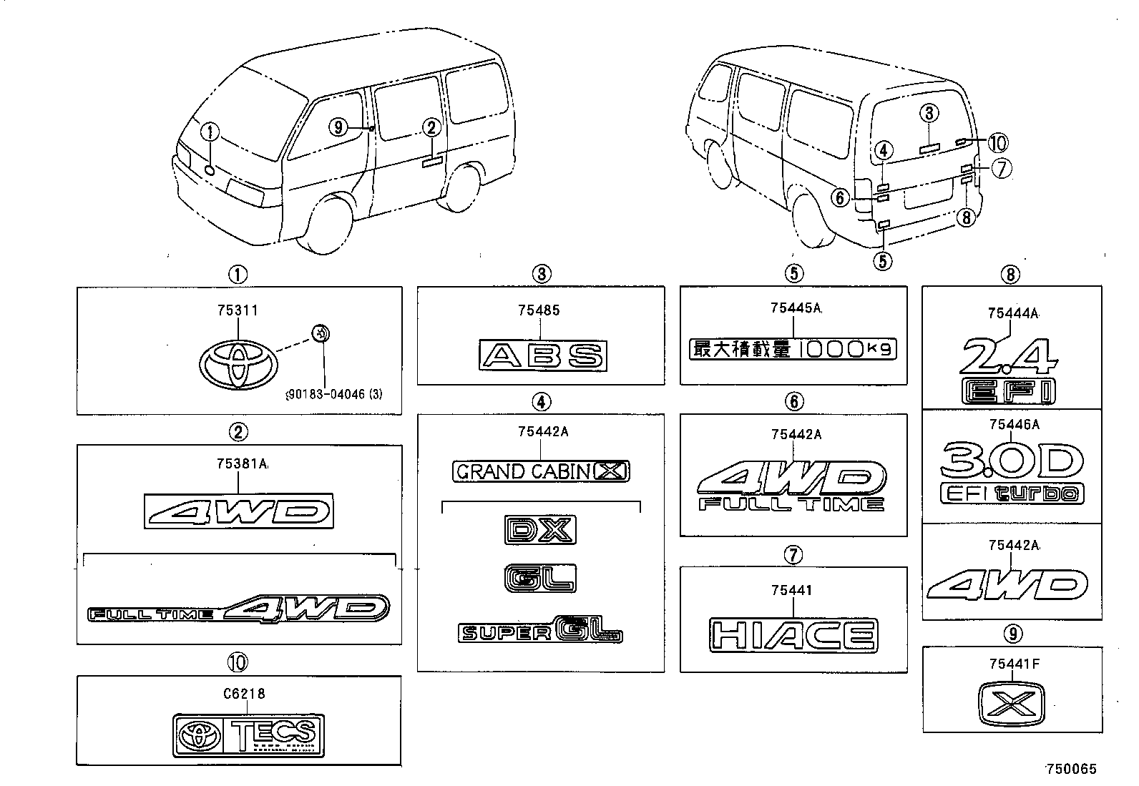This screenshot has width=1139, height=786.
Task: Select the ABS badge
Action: coord(542,355)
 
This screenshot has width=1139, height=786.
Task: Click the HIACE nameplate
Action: coord(793,635)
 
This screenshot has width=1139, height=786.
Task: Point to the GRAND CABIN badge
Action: coord(542,471)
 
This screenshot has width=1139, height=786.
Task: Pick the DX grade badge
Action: coord(540,530)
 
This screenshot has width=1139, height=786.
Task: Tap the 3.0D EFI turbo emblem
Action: coord(1012,471)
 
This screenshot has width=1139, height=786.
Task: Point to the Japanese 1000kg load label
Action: coord(792,349)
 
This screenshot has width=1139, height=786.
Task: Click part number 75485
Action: coord(539,310)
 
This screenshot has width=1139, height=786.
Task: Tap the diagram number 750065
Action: coord(1070,770)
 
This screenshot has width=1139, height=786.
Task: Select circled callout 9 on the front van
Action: coord(338,128)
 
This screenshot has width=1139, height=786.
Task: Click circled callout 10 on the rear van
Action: coord(997,143)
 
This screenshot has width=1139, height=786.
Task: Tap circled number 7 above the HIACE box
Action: coord(793,554)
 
